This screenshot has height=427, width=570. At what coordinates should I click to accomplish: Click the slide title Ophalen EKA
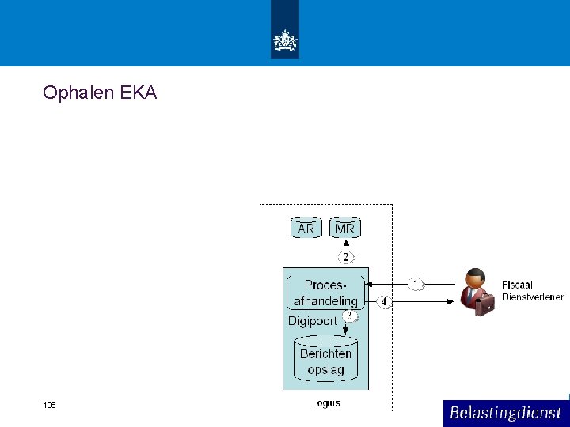[x=100, y=93]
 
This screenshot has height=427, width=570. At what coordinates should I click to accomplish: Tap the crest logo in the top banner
[x=285, y=40]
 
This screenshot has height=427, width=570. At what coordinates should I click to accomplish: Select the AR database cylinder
[x=306, y=229]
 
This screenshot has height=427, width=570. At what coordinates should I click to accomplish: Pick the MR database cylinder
[x=345, y=229]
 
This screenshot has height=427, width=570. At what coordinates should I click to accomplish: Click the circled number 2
[x=345, y=257]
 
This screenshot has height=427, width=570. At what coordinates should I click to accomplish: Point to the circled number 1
[x=416, y=283]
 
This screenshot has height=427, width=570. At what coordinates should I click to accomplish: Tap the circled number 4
[x=384, y=301]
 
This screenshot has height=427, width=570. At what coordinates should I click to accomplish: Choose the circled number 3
[x=350, y=316]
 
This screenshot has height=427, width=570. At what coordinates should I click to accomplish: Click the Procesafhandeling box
[x=325, y=293]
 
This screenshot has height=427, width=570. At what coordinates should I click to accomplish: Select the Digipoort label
[x=312, y=321]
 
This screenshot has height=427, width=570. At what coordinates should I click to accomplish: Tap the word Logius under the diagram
[x=325, y=403]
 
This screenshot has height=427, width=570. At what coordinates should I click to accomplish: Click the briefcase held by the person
[x=485, y=304]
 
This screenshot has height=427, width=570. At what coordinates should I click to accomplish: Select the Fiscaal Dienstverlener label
[x=532, y=291]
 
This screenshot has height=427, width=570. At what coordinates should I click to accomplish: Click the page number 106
[x=50, y=406]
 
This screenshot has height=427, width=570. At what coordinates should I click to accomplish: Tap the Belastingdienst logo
[x=505, y=413]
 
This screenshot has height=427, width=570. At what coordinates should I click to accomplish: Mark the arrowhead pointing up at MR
[x=345, y=243]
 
